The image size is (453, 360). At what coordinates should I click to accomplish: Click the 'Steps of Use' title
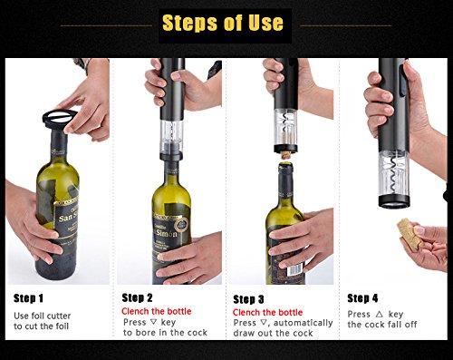pyautogui.click(x=223, y=23)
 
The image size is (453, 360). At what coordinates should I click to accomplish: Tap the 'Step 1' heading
pyautogui.click(x=28, y=298)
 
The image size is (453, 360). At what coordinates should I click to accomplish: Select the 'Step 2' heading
pyautogui.click(x=137, y=297)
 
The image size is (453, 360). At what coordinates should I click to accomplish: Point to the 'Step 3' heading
pyautogui.click(x=248, y=299)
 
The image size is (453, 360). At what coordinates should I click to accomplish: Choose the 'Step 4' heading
pyautogui.click(x=362, y=298)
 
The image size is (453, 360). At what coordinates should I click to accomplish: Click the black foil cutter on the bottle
pyautogui.click(x=60, y=120)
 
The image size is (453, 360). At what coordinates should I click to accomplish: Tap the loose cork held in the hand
pyautogui.click(x=409, y=234)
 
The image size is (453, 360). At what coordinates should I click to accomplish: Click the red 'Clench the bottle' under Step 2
pyautogui.click(x=157, y=311)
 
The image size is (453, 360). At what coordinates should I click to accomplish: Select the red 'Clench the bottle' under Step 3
pyautogui.click(x=267, y=313)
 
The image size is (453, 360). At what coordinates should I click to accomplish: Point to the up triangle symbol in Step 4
pyautogui.click(x=380, y=315)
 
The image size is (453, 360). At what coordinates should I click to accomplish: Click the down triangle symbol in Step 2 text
pyautogui.click(x=153, y=322)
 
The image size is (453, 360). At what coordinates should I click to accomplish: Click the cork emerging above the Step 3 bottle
pyautogui.click(x=285, y=156)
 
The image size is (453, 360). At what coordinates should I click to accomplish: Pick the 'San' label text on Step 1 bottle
pyautogui.click(x=66, y=218)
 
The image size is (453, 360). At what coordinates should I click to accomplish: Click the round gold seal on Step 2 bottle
pyautogui.click(x=181, y=225)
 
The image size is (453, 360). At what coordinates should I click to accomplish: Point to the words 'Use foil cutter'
pyautogui.click(x=43, y=316)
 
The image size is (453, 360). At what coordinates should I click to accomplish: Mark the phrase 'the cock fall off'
pyautogui.click(x=382, y=325)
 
